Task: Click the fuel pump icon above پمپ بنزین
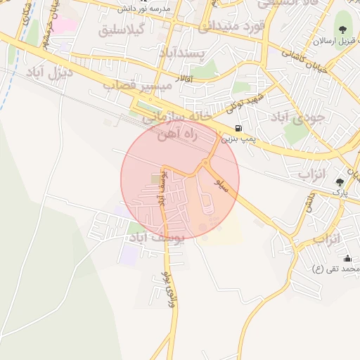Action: (x=239, y=129)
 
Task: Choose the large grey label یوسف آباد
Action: (x=157, y=238)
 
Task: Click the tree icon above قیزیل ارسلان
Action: (x=342, y=30)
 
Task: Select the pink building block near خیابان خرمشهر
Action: (x=66, y=25)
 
